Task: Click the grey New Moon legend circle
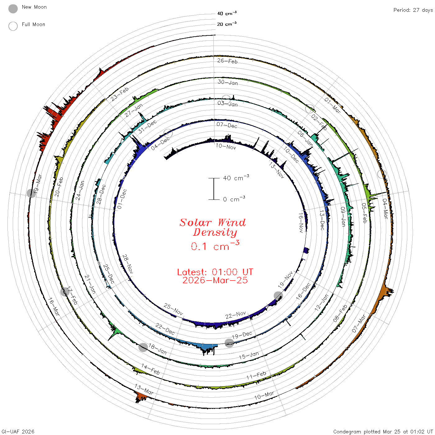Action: coord(13,9)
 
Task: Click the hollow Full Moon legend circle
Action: coord(13,26)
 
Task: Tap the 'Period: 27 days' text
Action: coord(413,10)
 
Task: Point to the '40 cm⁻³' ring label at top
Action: coord(227,13)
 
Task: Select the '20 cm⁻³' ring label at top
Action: coord(227,24)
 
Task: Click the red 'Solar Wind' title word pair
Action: coord(213,222)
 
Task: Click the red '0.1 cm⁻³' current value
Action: coord(215,246)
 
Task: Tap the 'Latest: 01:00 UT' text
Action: coord(215,272)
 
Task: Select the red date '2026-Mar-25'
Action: coord(215,280)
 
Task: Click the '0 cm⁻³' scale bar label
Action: coord(234,199)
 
